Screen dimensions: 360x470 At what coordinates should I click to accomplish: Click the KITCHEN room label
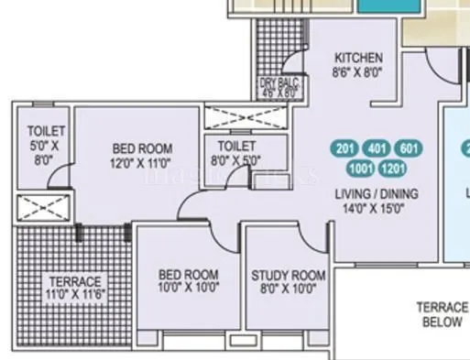[358, 57]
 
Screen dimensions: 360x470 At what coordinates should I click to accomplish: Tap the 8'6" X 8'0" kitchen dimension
[358, 71]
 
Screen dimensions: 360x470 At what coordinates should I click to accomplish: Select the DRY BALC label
[279, 83]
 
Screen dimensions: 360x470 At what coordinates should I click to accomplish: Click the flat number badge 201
[345, 149]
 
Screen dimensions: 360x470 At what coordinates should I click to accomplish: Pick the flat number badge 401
[377, 149]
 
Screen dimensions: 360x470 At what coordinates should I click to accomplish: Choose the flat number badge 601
[409, 149]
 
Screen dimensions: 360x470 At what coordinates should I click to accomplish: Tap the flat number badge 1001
[362, 168]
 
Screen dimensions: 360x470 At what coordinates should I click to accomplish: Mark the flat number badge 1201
[393, 168]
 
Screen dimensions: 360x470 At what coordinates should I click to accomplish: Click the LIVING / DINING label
[379, 193]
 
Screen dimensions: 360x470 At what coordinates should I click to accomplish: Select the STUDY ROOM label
[289, 275]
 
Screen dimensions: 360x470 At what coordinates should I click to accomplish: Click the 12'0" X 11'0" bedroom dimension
[142, 163]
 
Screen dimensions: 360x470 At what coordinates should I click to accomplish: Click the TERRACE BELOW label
[442, 315]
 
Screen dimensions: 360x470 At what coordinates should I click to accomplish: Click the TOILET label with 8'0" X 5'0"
[237, 146]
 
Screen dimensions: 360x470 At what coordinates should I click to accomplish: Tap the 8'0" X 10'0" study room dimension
[289, 289]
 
